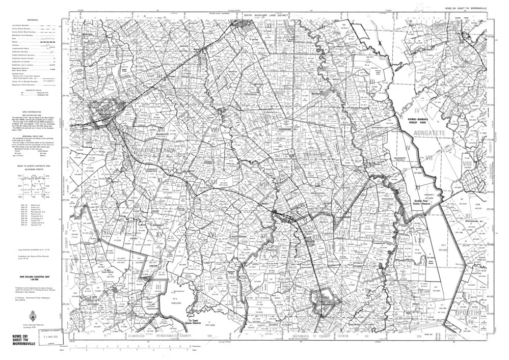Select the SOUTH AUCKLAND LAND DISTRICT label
(x=263, y=16)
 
